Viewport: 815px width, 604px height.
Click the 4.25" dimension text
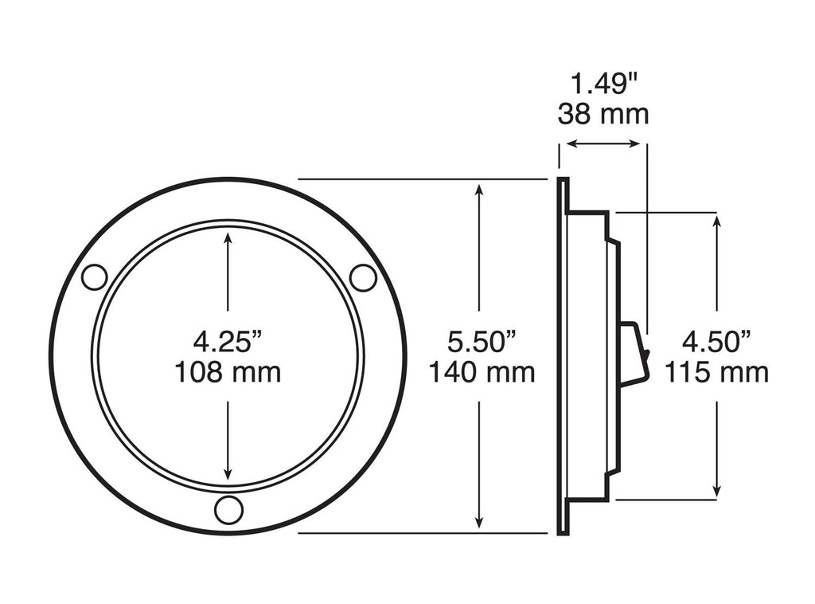click(228, 342)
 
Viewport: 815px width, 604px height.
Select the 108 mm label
click(228, 372)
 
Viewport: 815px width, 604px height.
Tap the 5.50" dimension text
click(482, 342)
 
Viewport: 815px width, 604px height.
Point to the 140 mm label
click(482, 372)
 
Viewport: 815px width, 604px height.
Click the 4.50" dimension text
click(716, 342)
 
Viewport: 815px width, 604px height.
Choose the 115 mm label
click(716, 372)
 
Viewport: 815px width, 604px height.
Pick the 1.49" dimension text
click(602, 82)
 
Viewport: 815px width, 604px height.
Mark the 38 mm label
click(602, 114)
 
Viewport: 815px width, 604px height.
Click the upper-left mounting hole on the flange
click(94, 277)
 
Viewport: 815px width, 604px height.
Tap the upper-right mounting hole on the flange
click(363, 277)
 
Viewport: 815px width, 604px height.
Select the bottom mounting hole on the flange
click(228, 509)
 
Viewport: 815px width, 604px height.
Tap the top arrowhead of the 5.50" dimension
click(479, 188)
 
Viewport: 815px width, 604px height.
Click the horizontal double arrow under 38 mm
click(601, 144)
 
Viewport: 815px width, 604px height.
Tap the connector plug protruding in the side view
click(634, 355)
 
